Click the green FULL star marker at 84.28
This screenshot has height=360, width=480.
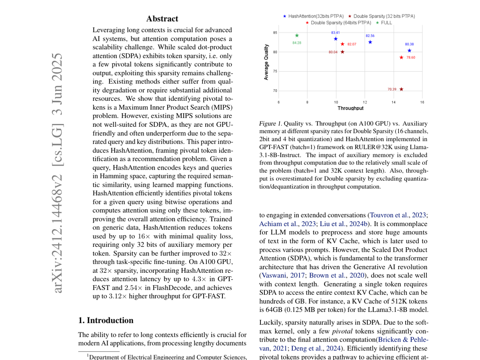click(x=297, y=36)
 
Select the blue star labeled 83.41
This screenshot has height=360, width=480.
click(x=336, y=39)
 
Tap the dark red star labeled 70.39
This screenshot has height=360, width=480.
click(x=401, y=89)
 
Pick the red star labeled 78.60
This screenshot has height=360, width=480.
click(x=401, y=57)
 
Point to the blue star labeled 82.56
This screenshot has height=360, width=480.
click(x=370, y=42)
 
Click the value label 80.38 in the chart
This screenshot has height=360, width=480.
click(x=409, y=44)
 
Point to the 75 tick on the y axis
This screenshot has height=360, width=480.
click(x=275, y=71)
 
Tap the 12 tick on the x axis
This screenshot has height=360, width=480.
click(x=365, y=102)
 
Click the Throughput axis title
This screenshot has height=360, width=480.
click(x=350, y=108)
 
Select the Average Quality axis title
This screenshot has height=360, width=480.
click(x=266, y=62)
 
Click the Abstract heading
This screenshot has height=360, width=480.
click(x=162, y=19)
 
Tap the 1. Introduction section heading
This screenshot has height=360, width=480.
click(x=106, y=320)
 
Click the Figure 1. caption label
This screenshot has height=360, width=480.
click(x=270, y=124)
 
